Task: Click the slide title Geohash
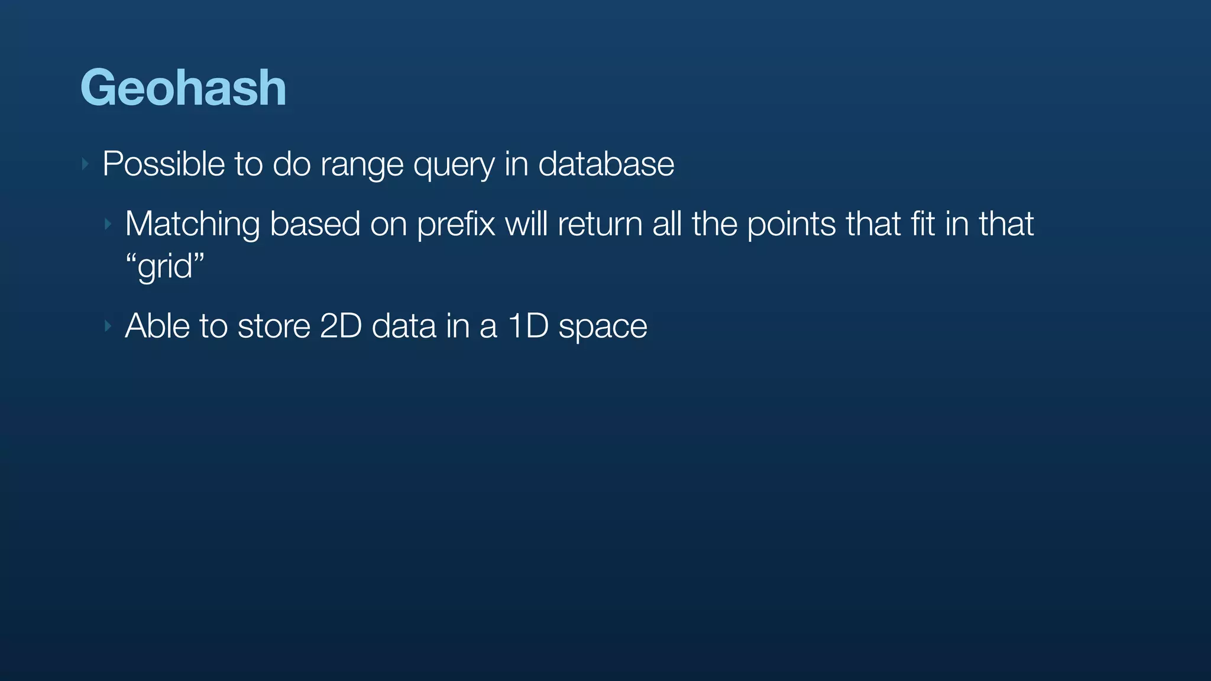183,87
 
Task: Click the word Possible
163,164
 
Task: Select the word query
454,165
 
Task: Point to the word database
606,164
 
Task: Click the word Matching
192,225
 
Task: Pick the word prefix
456,225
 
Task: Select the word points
792,225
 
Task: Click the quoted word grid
165,267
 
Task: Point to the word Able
158,326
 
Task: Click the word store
274,326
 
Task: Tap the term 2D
341,326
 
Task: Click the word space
603,327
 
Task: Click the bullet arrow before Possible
86,164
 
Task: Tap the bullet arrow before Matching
108,224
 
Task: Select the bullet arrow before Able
108,326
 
